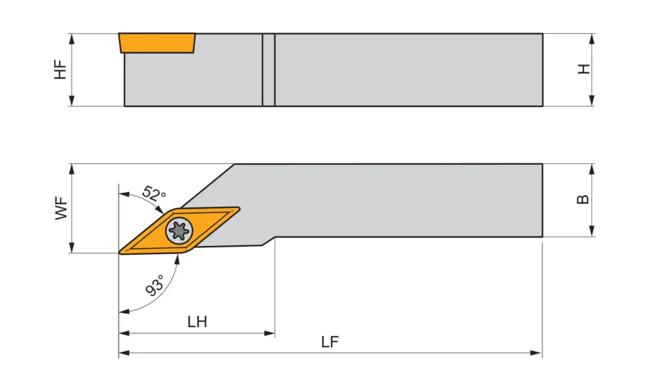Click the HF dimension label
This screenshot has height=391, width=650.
(61, 70)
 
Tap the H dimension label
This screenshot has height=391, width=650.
(584, 69)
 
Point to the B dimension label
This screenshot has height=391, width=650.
(583, 200)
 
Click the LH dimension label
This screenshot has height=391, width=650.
(197, 322)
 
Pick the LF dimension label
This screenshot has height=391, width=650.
(330, 342)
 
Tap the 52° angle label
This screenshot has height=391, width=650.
(154, 193)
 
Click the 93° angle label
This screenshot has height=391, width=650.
(155, 287)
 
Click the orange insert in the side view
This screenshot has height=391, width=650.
(157, 42)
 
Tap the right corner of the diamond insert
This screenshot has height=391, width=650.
(239, 209)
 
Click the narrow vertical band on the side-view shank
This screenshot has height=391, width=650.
(269, 70)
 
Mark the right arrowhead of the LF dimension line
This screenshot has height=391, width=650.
(538, 353)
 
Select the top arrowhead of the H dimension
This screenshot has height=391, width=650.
(592, 38)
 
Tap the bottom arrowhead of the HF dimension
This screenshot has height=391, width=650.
(71, 102)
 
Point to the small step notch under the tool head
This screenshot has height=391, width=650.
(268, 241)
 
